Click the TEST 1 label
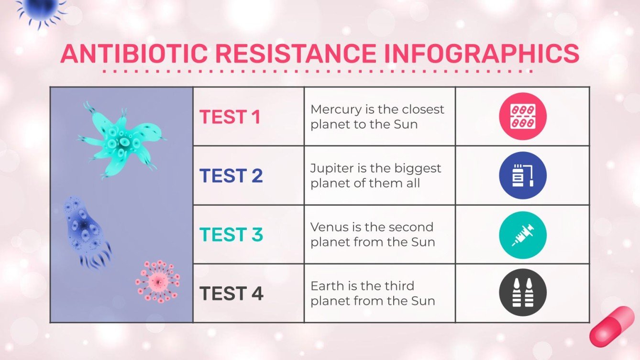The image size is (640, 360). pyautogui.click(x=230, y=117)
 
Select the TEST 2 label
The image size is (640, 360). pyautogui.click(x=231, y=176)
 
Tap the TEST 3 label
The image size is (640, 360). pyautogui.click(x=231, y=235)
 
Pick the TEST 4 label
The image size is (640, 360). pyautogui.click(x=231, y=294)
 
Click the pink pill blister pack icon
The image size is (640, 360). pyautogui.click(x=522, y=116)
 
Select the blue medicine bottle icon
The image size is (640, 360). pyautogui.click(x=522, y=175)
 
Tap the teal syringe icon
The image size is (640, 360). pyautogui.click(x=522, y=235)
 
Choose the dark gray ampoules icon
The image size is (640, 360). pyautogui.click(x=522, y=293)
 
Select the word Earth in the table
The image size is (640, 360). pyautogui.click(x=325, y=286)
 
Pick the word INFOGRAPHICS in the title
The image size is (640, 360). pyautogui.click(x=482, y=54)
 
